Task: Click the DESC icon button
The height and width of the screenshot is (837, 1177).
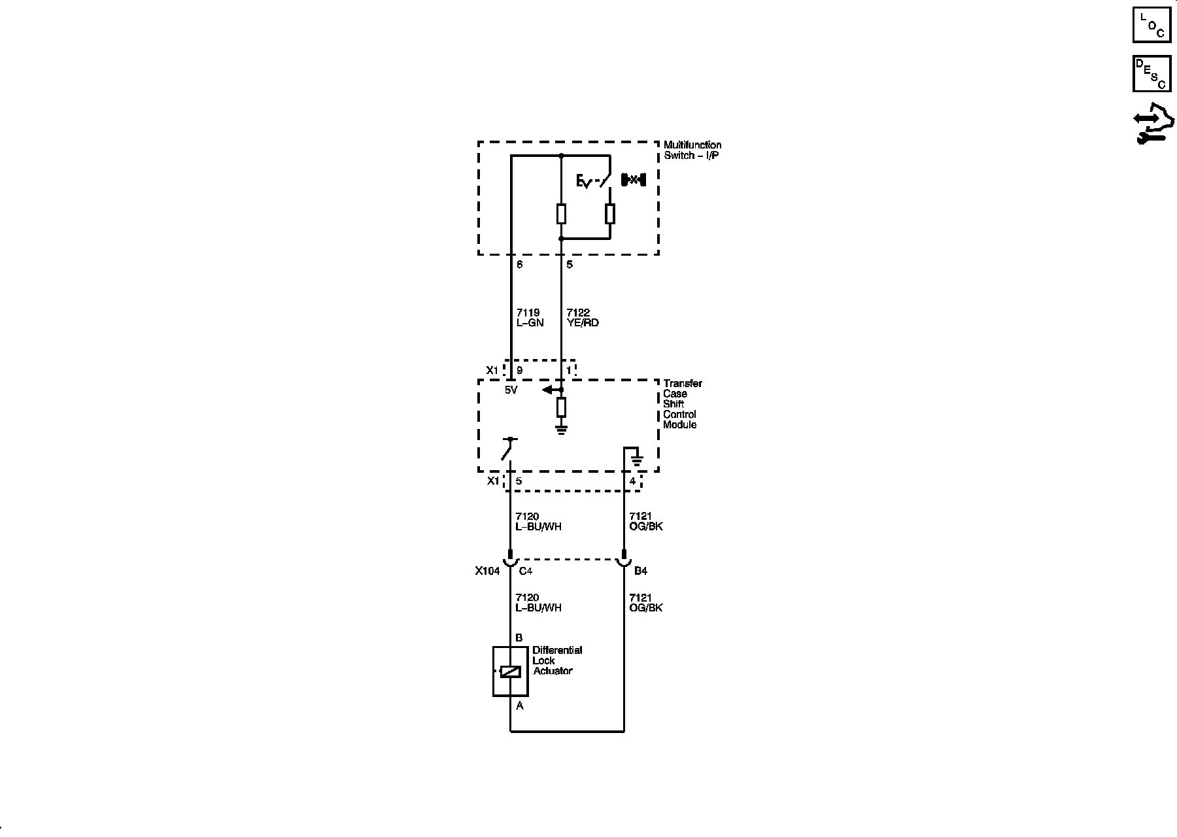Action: coord(1151,73)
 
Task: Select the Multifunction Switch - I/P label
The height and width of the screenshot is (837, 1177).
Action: coord(692,150)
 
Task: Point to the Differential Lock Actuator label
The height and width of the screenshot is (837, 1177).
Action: coord(556,660)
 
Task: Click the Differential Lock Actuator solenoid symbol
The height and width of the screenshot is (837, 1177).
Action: coord(510,672)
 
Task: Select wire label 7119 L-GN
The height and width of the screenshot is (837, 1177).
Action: coord(530,318)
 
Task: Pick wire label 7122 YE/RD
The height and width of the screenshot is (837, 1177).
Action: coord(582,318)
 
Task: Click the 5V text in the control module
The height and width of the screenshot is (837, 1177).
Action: coord(511,390)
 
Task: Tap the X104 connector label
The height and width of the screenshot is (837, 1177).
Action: coord(487,571)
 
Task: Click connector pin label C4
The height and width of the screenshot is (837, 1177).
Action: coord(525,571)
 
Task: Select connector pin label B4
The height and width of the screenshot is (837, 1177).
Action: coord(640,571)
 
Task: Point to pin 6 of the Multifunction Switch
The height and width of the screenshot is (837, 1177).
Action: coord(519,265)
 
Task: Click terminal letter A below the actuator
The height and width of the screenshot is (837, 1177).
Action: coord(520,706)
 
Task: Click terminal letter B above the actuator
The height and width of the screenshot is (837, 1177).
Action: coord(519,638)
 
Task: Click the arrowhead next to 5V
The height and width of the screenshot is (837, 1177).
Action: coord(547,390)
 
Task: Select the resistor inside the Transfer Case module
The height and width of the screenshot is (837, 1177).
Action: coord(561,408)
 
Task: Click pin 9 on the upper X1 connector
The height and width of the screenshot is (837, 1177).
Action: coord(520,371)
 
